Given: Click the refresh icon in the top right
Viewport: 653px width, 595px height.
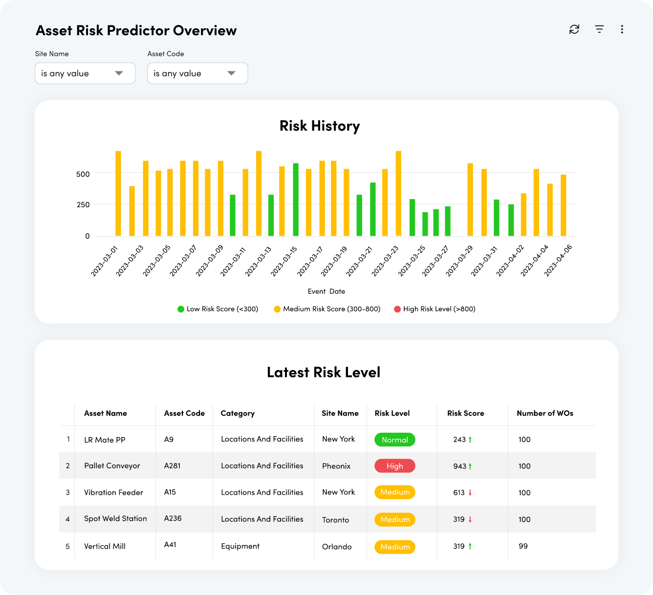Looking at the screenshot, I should (574, 29).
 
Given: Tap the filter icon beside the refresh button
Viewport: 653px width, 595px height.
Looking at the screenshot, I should (599, 29).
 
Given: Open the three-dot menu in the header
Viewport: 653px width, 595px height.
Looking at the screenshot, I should (622, 29).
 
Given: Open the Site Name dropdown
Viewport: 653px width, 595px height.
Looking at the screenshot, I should (85, 73).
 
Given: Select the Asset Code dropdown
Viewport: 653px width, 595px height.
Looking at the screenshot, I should (197, 73).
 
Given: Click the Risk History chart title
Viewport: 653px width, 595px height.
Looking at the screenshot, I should (320, 126).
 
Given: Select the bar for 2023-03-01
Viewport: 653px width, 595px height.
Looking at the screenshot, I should (118, 194).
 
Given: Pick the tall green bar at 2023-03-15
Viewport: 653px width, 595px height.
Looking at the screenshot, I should (296, 199).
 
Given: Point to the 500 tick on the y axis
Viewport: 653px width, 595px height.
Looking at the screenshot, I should (83, 174).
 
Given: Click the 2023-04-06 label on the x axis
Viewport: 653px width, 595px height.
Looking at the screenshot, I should (558, 261).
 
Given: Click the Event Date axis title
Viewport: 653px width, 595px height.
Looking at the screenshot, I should (326, 291).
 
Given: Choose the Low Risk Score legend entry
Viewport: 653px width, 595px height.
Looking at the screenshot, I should (218, 309).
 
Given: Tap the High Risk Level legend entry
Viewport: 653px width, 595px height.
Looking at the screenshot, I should (435, 309).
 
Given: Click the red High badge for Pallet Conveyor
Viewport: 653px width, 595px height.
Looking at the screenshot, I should (395, 466).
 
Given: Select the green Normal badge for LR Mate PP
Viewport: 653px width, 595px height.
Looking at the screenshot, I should (395, 440).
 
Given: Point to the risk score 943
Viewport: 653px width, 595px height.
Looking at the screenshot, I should (459, 466).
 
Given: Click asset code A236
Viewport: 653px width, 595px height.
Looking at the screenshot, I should (173, 518).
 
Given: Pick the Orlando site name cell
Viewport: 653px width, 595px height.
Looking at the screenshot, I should (337, 547).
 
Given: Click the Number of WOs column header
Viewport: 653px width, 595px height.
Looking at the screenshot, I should (545, 414).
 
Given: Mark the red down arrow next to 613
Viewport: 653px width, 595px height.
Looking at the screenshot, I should (470, 493).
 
